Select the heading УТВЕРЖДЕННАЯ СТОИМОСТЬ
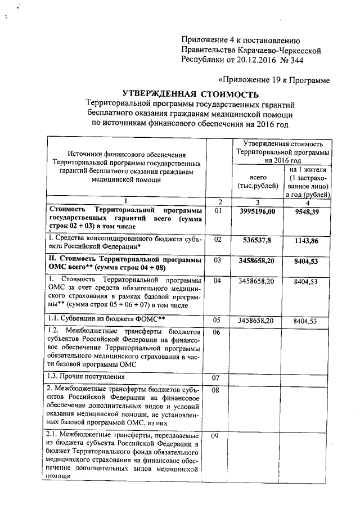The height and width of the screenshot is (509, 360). [x=191, y=93]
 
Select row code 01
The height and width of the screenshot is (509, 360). [x=219, y=210]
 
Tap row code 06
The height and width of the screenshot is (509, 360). [x=219, y=332]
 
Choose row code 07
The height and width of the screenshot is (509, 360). [x=219, y=377]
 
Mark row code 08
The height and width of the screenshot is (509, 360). [x=219, y=389]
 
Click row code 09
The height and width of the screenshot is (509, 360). [x=219, y=436]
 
